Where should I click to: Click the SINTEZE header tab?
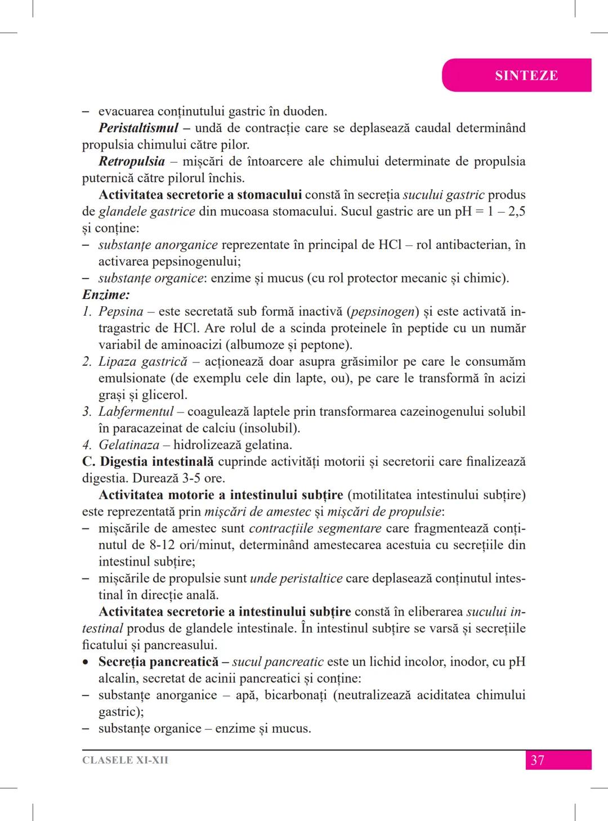[x=526, y=75]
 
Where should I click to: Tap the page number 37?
[x=537, y=760]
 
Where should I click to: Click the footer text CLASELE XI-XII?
[x=125, y=760]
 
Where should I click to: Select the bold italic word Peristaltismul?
[x=138, y=128]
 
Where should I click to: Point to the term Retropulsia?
[x=132, y=161]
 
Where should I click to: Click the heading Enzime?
[x=106, y=295]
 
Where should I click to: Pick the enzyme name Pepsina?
[x=121, y=312]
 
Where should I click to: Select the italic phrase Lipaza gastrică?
[x=142, y=362]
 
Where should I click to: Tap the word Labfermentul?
[x=136, y=412]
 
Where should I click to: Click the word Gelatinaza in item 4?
[x=129, y=445]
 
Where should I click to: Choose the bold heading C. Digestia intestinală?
[x=147, y=462]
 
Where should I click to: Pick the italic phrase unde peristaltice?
[x=296, y=578]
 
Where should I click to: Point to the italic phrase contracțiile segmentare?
[x=315, y=528]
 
